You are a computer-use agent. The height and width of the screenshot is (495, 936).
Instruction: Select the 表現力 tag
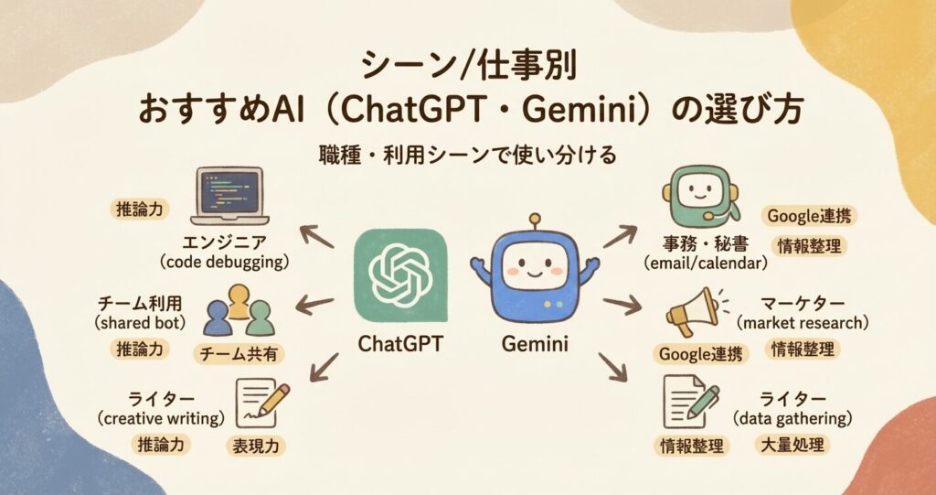[257, 447]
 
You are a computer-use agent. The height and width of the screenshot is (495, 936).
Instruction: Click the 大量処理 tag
[793, 447]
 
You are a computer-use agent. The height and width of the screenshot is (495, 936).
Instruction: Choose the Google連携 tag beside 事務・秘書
[809, 217]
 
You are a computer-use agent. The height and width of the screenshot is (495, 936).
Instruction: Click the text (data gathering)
[793, 419]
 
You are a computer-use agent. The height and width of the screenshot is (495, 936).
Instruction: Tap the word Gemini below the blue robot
[535, 345]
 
